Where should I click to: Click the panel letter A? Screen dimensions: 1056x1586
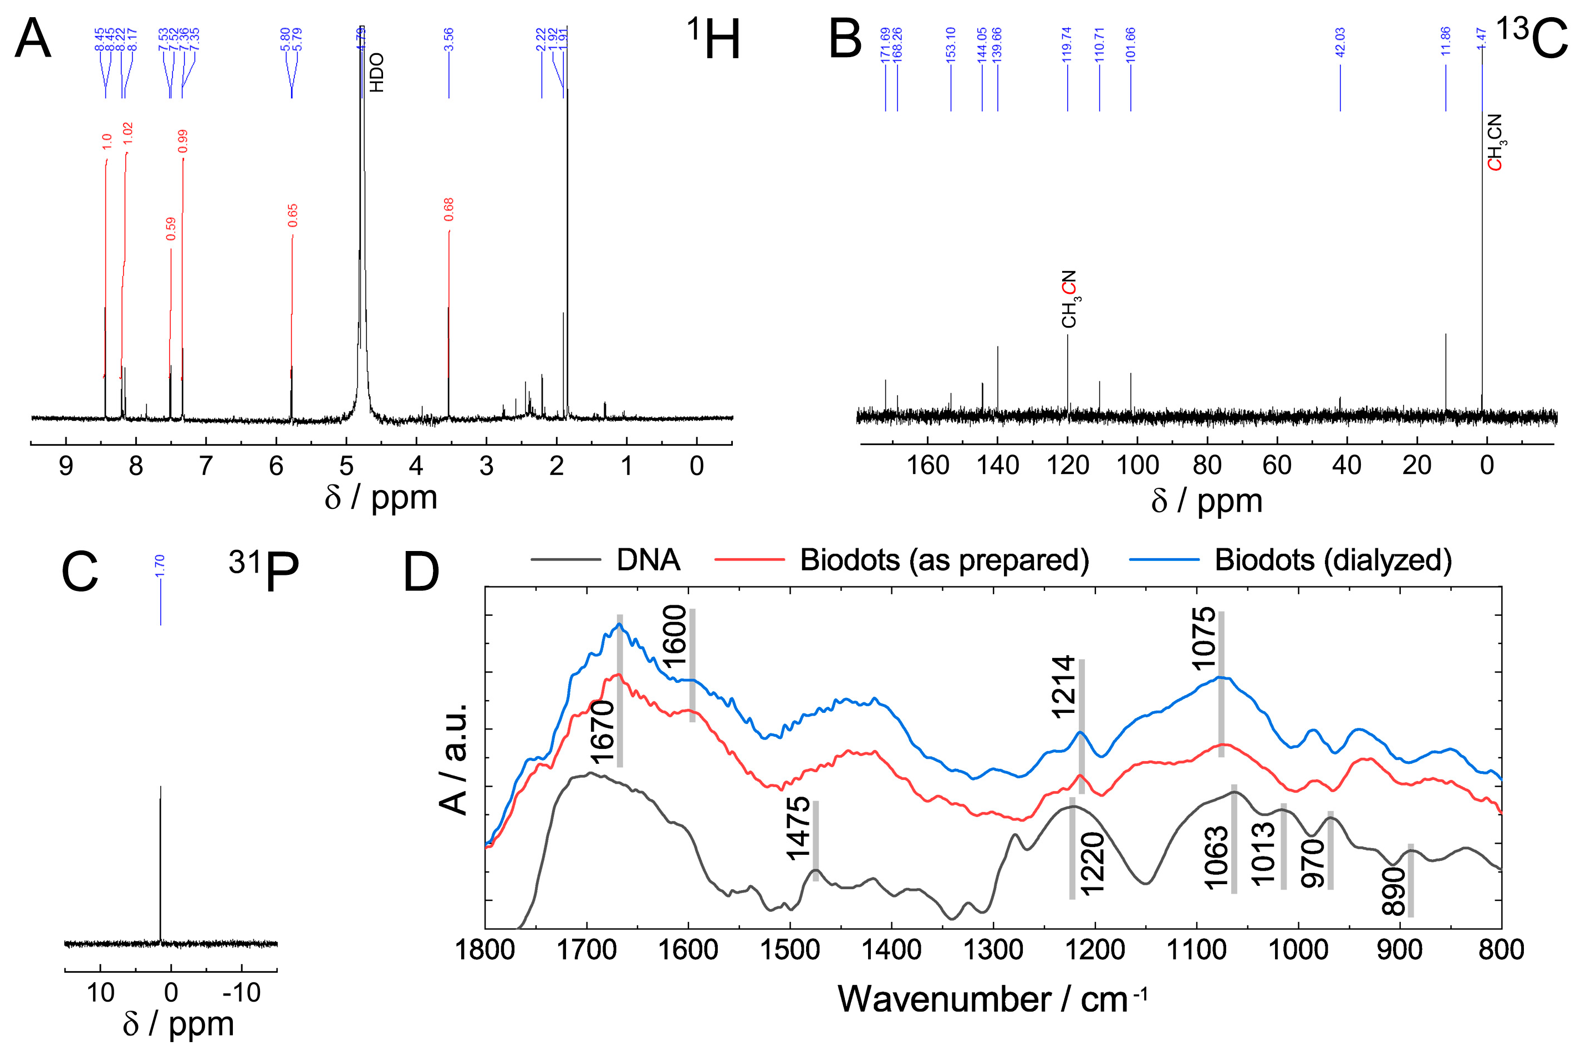[32, 39]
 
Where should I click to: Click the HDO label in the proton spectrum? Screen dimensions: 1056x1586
[376, 73]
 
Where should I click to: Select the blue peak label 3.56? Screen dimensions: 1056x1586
[448, 40]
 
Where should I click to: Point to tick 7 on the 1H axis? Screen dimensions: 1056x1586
[206, 466]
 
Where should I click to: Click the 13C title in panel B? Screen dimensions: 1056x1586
[1530, 38]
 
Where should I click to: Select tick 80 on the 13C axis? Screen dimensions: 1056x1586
[1207, 466]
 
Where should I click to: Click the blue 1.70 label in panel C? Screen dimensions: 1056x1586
[160, 566]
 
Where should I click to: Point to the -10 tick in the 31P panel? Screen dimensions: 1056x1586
[241, 993]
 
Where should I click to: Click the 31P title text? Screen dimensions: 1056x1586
[264, 571]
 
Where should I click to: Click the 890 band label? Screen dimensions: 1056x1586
[1394, 891]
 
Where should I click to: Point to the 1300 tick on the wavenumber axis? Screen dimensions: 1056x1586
[993, 950]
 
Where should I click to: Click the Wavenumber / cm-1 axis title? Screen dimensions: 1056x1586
[992, 999]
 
